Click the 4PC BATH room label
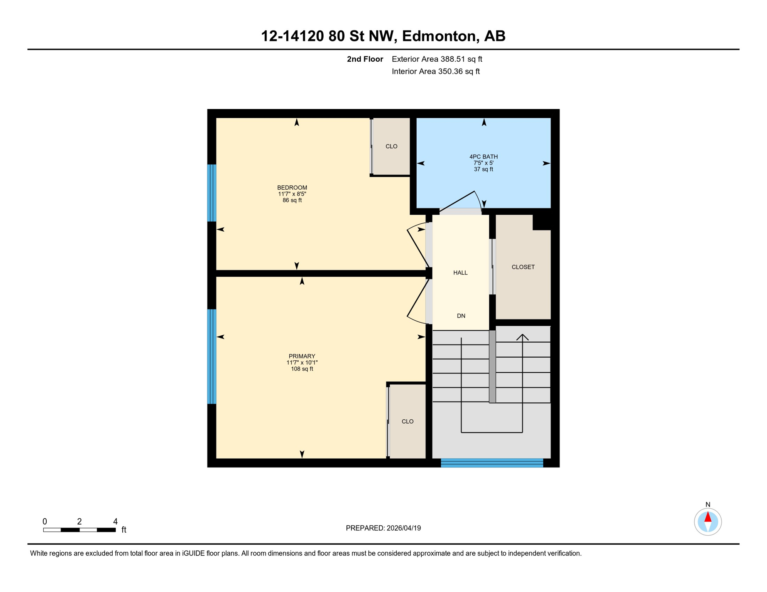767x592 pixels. click(483, 156)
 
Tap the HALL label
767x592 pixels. click(460, 273)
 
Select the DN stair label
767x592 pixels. click(461, 316)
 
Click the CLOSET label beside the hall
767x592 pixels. click(523, 267)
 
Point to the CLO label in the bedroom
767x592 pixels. click(391, 146)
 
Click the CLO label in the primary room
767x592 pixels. click(407, 422)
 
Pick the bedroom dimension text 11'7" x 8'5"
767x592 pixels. click(292, 194)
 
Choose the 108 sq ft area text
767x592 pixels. click(302, 369)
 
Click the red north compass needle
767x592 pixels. click(708, 517)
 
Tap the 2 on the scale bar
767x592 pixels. click(79, 521)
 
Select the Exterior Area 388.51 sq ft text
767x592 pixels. click(437, 59)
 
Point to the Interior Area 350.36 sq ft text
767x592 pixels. click(435, 72)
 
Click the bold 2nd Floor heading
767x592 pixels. click(365, 59)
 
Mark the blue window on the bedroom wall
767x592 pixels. click(211, 193)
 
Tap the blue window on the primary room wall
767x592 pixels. click(211, 357)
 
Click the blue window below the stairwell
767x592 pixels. click(492, 463)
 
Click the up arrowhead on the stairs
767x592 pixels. click(522, 337)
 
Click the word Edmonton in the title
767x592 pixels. click(439, 36)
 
